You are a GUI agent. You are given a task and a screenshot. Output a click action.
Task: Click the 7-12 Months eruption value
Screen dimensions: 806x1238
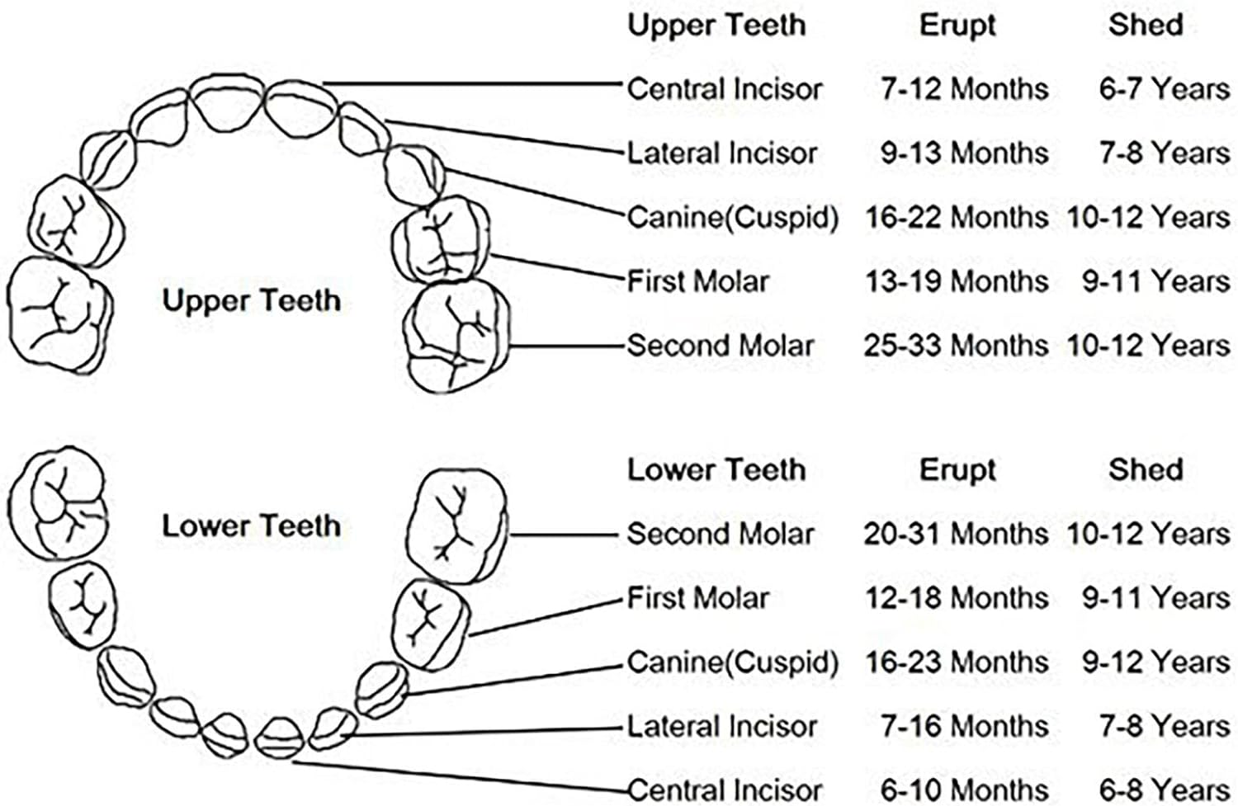pos(964,88)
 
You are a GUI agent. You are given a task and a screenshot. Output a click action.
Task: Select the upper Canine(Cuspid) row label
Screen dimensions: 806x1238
pos(732,217)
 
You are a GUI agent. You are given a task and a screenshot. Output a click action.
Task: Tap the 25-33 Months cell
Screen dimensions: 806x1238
pos(956,345)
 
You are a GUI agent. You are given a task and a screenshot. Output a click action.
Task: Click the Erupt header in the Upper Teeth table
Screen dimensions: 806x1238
pos(957,25)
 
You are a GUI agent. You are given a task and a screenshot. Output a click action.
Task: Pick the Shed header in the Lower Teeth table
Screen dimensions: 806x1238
pos(1146,469)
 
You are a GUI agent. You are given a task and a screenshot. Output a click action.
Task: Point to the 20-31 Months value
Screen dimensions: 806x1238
pos(956,534)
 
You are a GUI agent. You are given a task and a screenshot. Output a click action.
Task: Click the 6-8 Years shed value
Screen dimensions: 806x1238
pos(1164,790)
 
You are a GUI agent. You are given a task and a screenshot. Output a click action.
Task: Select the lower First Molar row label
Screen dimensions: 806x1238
pos(697,597)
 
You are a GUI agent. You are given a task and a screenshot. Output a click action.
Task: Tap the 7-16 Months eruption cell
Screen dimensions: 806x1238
pos(964,726)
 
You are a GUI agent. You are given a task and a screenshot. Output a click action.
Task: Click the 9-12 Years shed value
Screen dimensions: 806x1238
pos(1155,662)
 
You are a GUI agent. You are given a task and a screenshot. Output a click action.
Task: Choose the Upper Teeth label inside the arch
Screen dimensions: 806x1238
pos(251,300)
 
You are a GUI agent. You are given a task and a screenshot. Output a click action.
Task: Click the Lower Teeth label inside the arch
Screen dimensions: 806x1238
pos(251,526)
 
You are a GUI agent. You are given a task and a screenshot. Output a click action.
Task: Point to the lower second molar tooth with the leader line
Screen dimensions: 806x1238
pos(456,526)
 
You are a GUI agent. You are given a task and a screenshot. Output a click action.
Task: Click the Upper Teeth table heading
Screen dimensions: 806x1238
pos(716,25)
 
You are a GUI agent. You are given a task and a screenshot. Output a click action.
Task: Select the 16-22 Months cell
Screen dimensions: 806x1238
pos(956,217)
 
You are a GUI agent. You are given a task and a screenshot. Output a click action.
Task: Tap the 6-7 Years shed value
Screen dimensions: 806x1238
pos(1164,88)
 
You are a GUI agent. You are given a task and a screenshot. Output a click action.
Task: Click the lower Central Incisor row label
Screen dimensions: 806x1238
pos(725,790)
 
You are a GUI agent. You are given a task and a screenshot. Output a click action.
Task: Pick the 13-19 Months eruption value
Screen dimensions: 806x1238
pos(956,281)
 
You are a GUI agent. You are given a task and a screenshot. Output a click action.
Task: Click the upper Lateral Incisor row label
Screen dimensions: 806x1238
pos(722,153)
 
